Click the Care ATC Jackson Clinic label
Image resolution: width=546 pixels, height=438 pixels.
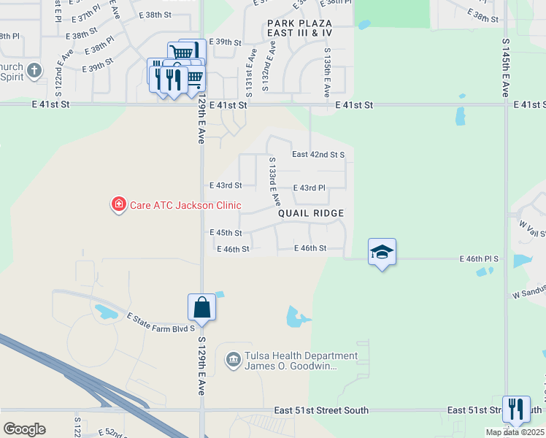[185, 205]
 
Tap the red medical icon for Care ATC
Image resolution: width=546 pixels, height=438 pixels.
[118, 205]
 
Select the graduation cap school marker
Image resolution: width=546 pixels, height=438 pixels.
[382, 253]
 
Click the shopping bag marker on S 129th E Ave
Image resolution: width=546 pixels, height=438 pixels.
[202, 308]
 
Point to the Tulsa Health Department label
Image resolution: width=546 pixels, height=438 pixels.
[301, 356]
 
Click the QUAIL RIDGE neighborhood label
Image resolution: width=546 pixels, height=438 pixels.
[310, 213]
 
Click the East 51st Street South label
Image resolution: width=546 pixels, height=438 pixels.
[321, 411]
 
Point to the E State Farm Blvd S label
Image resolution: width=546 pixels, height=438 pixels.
[161, 323]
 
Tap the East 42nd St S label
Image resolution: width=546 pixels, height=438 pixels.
[318, 155]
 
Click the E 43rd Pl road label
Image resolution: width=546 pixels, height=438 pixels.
[309, 188]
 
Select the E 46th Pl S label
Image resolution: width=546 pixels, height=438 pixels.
[479, 259]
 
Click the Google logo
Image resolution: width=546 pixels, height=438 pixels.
[24, 429]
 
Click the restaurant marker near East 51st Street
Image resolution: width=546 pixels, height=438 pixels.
[516, 410]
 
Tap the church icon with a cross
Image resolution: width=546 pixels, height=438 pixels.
[34, 72]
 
